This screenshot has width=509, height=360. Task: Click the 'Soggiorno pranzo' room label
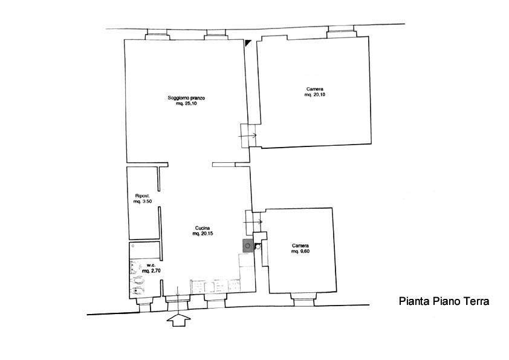tap(186, 98)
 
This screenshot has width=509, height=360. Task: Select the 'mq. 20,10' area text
tap(314, 95)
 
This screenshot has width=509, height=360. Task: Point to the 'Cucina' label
tap(203, 227)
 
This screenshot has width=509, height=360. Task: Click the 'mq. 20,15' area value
tap(203, 234)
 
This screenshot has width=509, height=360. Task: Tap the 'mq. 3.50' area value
tap(143, 201)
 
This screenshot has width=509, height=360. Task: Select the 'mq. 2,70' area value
tap(152, 270)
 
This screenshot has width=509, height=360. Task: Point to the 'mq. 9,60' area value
tap(300, 252)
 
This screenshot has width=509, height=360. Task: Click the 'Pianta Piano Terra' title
tap(444, 301)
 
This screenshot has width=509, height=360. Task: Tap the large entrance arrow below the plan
tap(178, 319)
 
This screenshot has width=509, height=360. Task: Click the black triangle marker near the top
tap(248, 42)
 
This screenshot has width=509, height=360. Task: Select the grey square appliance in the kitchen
tap(248, 246)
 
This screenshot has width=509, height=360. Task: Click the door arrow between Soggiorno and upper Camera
tap(247, 136)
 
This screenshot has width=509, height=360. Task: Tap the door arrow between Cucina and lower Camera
tap(253, 222)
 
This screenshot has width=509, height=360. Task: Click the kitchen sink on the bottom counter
tap(210, 286)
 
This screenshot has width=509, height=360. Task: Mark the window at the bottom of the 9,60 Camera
tap(304, 299)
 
